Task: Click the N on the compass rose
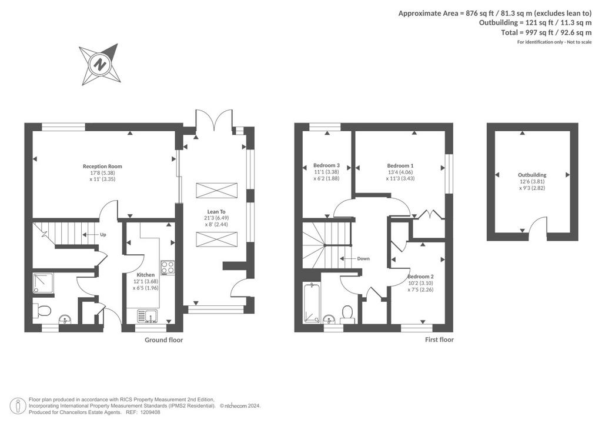pyautogui.click(x=101, y=64)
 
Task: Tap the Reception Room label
pyautogui.click(x=102, y=167)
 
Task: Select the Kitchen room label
pyautogui.click(x=146, y=275)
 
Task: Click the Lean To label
pyautogui.click(x=216, y=212)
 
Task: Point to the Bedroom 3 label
pyautogui.click(x=327, y=165)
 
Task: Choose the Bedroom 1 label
pyautogui.click(x=400, y=166)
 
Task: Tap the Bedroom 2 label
pyautogui.click(x=421, y=277)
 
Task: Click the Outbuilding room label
pyautogui.click(x=532, y=175)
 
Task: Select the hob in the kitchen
pyautogui.click(x=168, y=267)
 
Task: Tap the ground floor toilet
pyautogui.click(x=42, y=310)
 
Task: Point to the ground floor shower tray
pyautogui.click(x=44, y=282)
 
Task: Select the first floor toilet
pyautogui.click(x=347, y=312)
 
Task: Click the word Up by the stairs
pyautogui.click(x=103, y=235)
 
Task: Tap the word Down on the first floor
pyautogui.click(x=363, y=258)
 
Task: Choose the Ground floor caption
pyautogui.click(x=164, y=340)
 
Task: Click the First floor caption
pyautogui.click(x=439, y=340)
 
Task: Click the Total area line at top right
pyautogui.click(x=546, y=32)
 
